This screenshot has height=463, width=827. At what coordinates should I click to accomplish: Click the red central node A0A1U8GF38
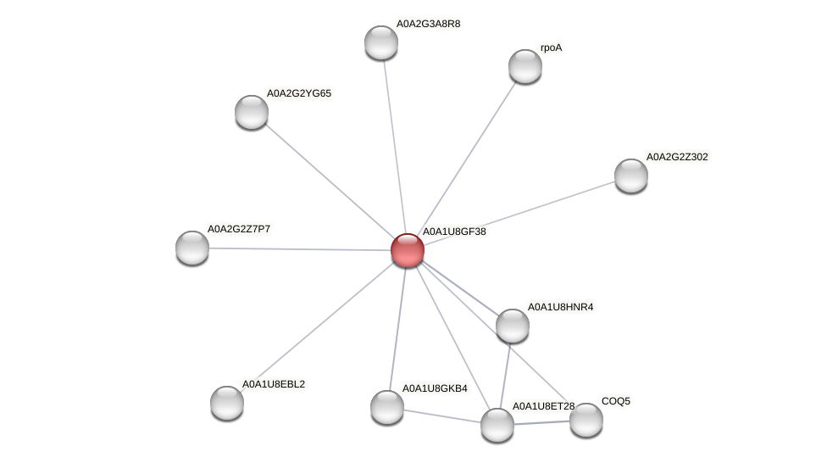407,250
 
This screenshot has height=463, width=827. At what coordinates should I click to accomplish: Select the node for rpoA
525,66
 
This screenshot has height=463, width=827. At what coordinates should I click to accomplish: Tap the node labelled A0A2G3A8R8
381,42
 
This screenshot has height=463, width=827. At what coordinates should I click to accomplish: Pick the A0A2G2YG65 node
252,112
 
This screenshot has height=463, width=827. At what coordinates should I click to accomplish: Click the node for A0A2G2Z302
630,176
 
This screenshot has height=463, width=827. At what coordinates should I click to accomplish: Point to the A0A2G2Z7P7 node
192,248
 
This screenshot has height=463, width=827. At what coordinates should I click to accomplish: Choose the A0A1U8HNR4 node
512,326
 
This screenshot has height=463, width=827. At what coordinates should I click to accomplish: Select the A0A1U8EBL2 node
227,403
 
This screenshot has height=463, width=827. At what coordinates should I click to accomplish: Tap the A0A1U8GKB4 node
387,407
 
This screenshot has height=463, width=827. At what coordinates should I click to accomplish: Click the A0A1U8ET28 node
497,425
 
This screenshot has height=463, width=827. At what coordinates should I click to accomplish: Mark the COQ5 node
586,420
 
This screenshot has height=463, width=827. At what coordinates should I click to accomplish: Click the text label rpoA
551,48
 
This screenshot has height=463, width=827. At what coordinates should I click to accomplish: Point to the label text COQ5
616,401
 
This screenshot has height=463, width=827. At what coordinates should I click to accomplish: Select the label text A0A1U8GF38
453,231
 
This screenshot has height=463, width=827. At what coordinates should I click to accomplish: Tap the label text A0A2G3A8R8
428,24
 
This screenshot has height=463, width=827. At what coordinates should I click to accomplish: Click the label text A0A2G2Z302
676,157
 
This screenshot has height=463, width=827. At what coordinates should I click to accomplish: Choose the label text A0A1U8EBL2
273,384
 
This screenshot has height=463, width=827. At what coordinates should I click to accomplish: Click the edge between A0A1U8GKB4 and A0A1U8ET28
442,416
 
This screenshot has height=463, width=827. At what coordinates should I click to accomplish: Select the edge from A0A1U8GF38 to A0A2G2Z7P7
299,248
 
